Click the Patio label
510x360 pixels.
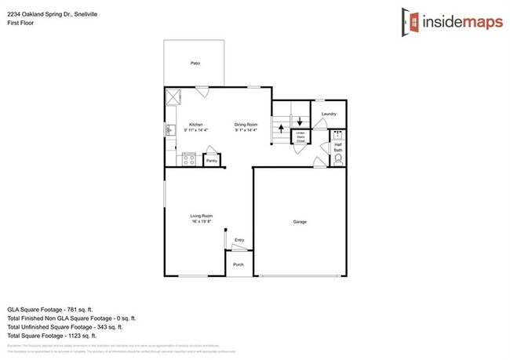tap(194, 63)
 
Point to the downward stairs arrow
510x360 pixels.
tap(299, 124)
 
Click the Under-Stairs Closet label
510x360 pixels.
tap(300, 136)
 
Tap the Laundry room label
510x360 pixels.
tap(329, 115)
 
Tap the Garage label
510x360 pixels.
tap(300, 222)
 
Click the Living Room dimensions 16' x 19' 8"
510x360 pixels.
tap(202, 222)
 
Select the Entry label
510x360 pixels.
tap(239, 240)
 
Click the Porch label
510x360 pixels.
tap(239, 264)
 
